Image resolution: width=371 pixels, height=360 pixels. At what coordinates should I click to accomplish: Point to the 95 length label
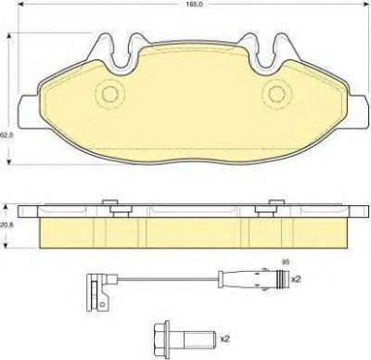(286, 262)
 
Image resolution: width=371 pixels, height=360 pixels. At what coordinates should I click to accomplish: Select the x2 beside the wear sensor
(296, 279)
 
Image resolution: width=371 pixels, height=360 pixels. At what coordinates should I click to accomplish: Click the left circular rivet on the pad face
(109, 93)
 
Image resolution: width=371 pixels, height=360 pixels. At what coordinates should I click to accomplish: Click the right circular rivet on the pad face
(275, 93)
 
